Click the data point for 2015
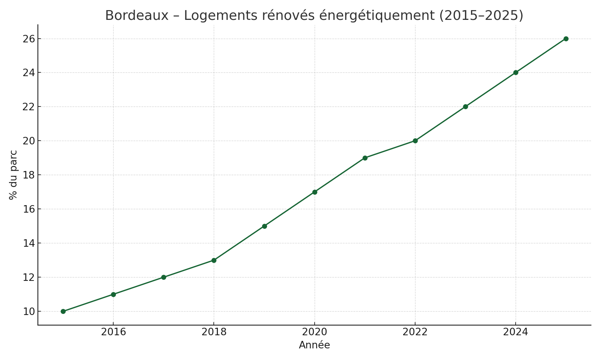click(63, 311)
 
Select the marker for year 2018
click(214, 260)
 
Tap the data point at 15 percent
click(264, 226)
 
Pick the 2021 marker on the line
click(365, 158)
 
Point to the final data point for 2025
click(566, 39)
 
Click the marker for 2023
click(465, 106)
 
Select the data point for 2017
click(163, 277)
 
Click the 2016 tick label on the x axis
click(113, 332)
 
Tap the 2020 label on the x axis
click(315, 332)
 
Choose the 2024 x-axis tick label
click(516, 332)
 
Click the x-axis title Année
click(314, 345)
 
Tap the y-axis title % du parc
click(13, 175)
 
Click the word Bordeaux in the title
click(136, 16)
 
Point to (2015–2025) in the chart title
click(481, 16)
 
